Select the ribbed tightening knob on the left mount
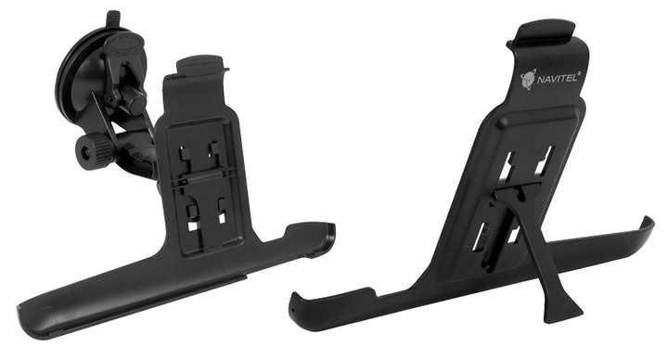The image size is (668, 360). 93,148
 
